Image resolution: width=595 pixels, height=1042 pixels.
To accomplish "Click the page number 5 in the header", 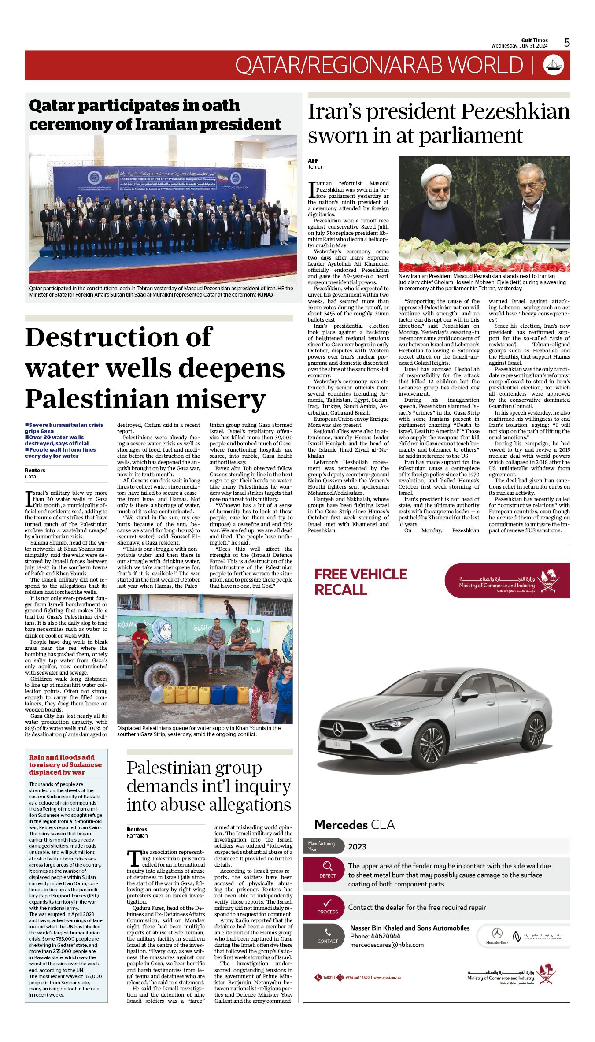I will [567, 43].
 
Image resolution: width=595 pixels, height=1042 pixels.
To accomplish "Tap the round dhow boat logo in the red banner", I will [553, 65].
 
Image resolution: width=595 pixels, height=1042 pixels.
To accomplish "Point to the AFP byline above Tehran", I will [313, 160].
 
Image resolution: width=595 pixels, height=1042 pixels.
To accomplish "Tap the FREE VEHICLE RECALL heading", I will [360, 582].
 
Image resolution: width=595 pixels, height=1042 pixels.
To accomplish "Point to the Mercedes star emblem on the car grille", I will [338, 731].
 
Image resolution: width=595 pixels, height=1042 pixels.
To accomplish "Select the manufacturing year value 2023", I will [357, 846].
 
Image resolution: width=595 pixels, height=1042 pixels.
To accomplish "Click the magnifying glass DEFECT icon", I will [327, 868].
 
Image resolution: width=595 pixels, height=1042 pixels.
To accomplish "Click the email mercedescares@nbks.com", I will [387, 944].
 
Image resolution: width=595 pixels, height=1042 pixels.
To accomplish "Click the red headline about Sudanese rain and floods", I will [65, 764].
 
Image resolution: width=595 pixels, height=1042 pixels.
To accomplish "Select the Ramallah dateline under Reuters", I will [137, 835].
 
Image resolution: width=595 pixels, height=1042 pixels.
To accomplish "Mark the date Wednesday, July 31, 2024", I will [519, 46].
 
